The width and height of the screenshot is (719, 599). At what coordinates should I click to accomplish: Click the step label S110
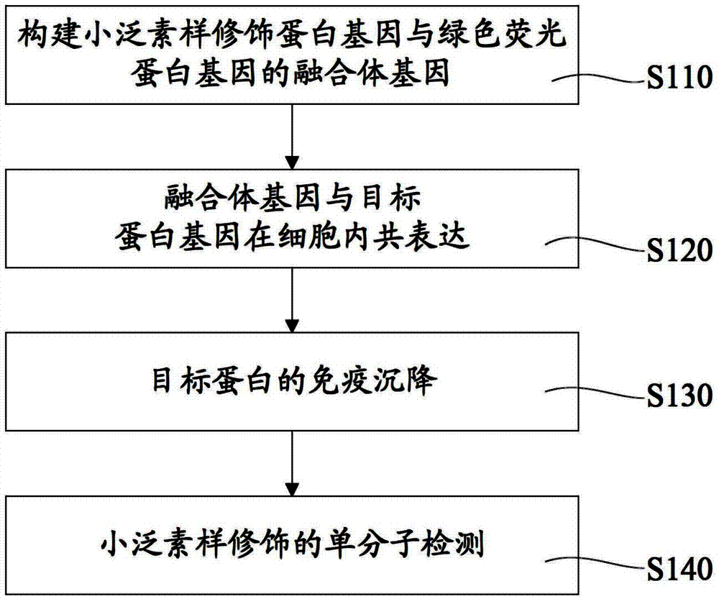click(x=679, y=77)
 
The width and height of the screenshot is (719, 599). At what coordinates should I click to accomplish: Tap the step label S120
click(x=679, y=250)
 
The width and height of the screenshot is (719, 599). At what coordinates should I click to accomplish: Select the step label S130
click(x=679, y=395)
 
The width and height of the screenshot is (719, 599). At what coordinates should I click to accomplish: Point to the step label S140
click(x=679, y=570)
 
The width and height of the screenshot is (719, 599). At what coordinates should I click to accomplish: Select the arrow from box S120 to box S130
click(x=292, y=300)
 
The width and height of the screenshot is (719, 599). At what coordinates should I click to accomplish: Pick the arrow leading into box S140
click(x=292, y=463)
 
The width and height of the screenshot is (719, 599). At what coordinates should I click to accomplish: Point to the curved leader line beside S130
click(x=595, y=394)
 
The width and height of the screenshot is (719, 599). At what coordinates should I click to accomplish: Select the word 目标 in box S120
click(x=390, y=198)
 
